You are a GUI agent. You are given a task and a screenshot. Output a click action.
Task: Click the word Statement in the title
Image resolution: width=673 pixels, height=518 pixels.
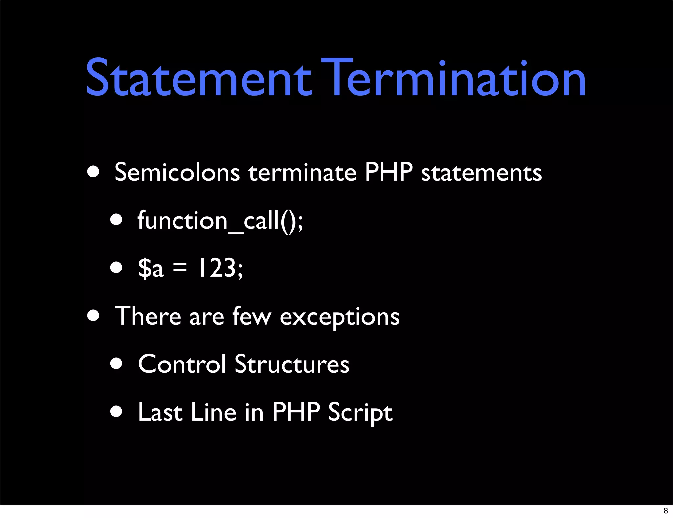[198, 78]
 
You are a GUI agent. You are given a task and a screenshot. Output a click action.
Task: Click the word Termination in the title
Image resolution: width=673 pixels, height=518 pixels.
[453, 78]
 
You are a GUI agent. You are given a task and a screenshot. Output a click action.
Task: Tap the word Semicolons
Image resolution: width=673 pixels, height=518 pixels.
[177, 172]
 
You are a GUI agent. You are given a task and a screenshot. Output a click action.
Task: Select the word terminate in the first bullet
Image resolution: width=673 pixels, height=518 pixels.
[302, 173]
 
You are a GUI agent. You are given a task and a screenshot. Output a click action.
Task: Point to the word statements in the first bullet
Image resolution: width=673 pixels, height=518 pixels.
[481, 173]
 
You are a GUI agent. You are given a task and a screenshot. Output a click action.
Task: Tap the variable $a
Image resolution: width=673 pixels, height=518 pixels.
[151, 268]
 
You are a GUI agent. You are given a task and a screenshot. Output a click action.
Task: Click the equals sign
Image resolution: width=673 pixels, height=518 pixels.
[180, 267]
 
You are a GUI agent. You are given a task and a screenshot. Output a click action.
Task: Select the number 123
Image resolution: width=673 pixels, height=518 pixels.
[217, 268]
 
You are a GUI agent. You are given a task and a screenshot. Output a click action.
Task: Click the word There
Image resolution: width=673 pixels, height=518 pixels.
[148, 316]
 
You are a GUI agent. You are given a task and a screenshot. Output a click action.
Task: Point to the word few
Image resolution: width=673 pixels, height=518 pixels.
[252, 316]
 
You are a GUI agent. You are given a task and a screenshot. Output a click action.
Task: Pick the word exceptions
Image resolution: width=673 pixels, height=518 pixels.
[339, 318]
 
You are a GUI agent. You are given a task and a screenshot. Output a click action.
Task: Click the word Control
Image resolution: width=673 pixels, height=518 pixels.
[182, 364]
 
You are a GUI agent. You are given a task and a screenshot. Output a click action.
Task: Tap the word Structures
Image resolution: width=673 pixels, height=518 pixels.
[292, 364]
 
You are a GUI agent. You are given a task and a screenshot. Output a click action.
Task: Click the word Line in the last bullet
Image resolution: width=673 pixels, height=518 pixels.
[213, 412]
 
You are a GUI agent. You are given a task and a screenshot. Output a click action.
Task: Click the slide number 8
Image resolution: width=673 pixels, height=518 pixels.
[666, 511]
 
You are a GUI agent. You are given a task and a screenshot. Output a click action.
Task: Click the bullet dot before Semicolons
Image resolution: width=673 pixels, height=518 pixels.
[94, 172]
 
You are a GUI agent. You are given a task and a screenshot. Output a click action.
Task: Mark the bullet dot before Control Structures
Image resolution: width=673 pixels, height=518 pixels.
[116, 364]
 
